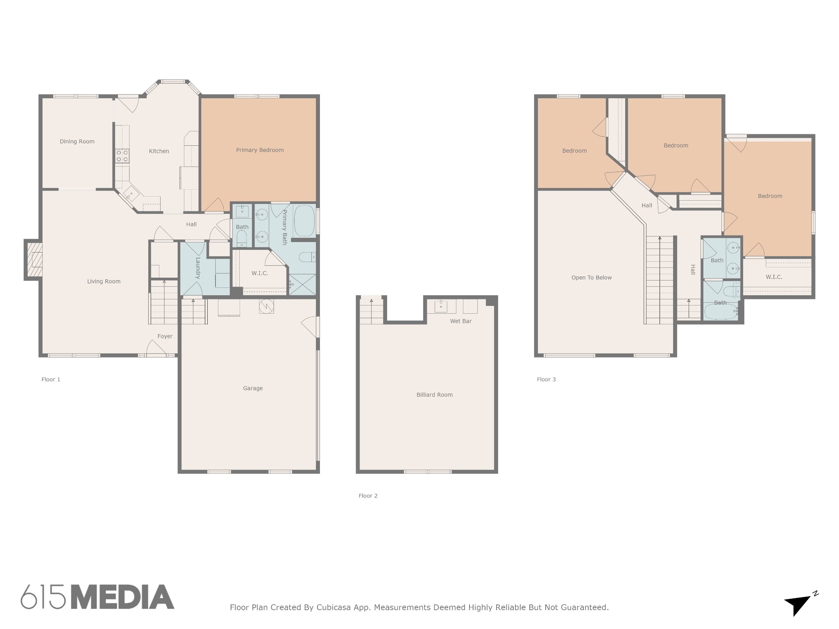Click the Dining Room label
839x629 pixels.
(x=77, y=142)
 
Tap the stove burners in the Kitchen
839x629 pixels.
(x=122, y=156)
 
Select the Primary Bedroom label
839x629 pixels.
(x=260, y=150)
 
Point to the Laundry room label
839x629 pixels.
(x=197, y=268)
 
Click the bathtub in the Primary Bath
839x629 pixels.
(x=304, y=221)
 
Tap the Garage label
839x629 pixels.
(x=253, y=388)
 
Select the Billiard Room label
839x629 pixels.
(x=435, y=395)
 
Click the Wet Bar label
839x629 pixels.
(x=461, y=321)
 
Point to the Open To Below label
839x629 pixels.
(x=592, y=278)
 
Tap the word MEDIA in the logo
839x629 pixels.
(x=122, y=597)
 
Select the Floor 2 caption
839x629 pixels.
(x=368, y=496)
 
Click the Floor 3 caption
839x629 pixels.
(x=546, y=379)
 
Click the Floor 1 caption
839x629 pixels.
(x=51, y=379)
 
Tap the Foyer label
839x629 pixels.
(x=165, y=336)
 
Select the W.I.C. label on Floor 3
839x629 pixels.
(x=774, y=277)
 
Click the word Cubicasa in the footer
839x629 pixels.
(x=333, y=607)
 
